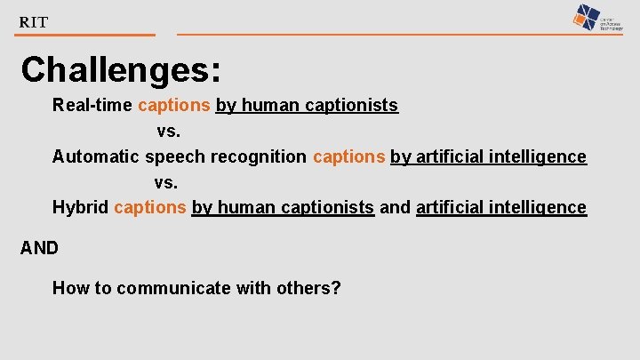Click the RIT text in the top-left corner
[34, 22]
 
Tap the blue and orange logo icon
[588, 17]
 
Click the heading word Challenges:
[122, 69]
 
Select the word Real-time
[92, 106]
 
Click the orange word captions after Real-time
[173, 106]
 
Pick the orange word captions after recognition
[348, 157]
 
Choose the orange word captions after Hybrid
[150, 208]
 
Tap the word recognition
[255, 157]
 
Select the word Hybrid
[80, 208]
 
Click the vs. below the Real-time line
[169, 132]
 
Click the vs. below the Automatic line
[166, 183]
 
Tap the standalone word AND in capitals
[39, 248]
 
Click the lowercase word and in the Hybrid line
[395, 208]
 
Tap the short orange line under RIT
[85, 36]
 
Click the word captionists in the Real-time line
[351, 106]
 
